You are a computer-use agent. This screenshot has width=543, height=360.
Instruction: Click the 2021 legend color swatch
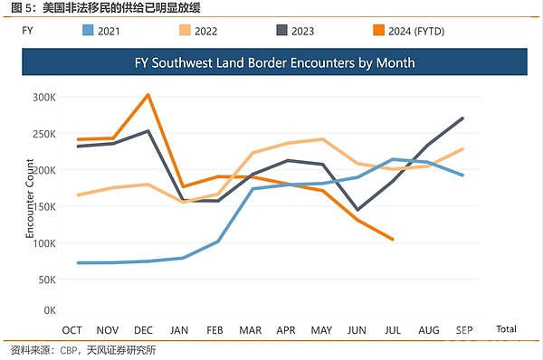click(88, 31)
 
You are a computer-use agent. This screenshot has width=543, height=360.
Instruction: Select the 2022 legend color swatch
click(185, 31)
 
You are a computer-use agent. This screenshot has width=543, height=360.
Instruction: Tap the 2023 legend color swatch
click(281, 31)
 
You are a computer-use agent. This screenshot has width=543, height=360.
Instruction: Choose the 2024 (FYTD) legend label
click(416, 32)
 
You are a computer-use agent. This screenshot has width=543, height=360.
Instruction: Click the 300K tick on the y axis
click(44, 98)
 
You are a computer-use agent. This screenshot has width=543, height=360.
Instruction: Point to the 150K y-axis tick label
click(44, 207)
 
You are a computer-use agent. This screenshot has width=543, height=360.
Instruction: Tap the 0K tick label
click(50, 310)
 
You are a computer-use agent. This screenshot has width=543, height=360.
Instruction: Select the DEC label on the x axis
click(143, 330)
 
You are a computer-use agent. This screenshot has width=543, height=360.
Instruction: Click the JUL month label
click(393, 330)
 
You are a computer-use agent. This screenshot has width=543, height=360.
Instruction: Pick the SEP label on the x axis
click(464, 330)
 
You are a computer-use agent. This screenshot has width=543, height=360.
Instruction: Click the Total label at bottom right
click(506, 329)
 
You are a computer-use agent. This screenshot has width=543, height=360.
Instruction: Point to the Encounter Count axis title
click(30, 198)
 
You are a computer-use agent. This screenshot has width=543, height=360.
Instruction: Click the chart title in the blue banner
click(274, 62)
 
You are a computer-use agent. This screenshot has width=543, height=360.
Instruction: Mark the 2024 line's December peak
click(148, 94)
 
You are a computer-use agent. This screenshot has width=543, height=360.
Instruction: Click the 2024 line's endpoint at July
click(393, 239)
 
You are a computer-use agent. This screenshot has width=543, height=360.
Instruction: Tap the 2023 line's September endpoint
click(462, 118)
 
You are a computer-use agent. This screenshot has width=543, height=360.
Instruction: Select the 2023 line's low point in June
click(357, 210)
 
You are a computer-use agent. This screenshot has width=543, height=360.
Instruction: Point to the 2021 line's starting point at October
click(78, 263)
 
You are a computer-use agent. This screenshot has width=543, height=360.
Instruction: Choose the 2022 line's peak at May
click(322, 139)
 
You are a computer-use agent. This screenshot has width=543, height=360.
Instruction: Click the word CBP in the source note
click(69, 350)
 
